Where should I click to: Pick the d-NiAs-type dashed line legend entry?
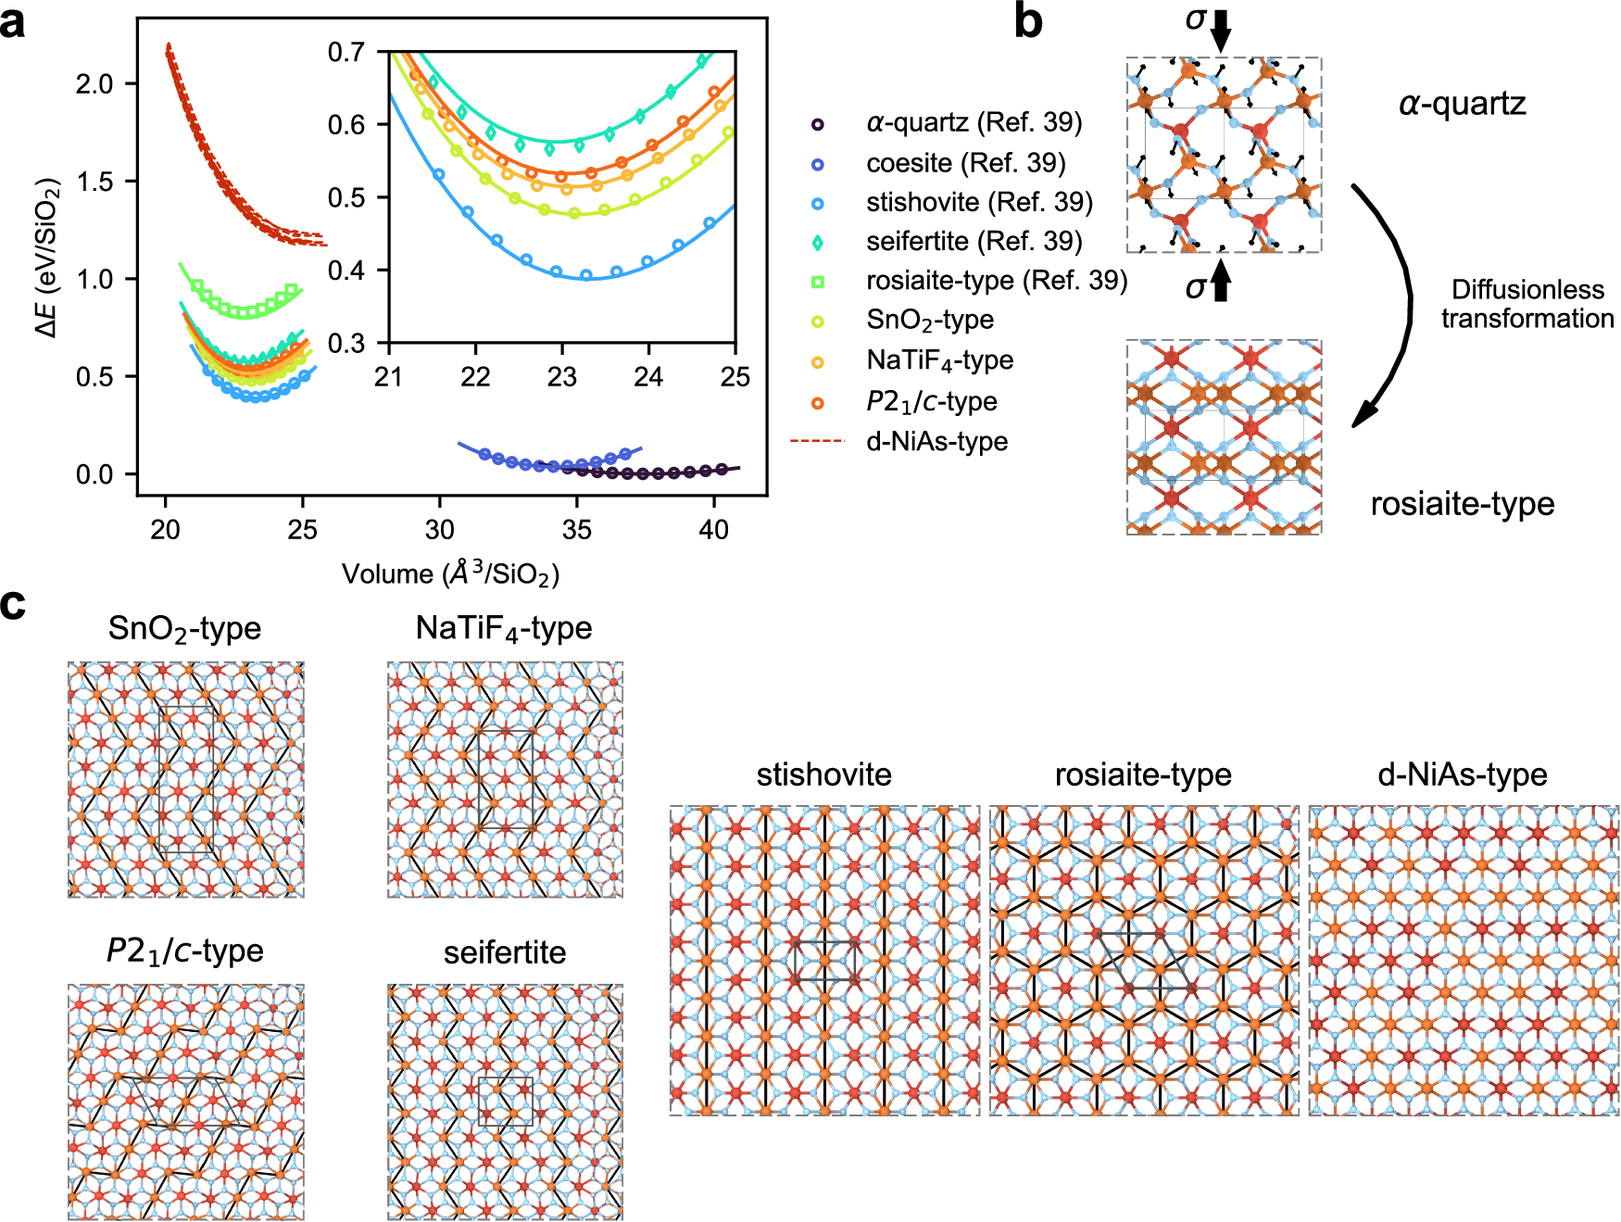coord(817,441)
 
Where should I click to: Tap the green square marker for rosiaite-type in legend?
coord(817,282)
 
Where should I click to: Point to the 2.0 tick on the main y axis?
coord(94,84)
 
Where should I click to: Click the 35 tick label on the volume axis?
coord(576,530)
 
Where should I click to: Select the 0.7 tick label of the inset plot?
coord(346,52)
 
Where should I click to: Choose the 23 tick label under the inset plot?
coord(561,377)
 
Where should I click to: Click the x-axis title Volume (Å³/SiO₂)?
coord(450,573)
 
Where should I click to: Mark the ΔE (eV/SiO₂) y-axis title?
coord(47,257)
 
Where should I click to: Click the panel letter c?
coord(13,604)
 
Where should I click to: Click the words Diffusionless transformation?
coord(1527,304)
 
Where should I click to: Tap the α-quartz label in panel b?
coord(1462,104)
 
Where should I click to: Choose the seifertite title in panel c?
coord(505,952)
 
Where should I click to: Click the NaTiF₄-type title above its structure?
coord(504,629)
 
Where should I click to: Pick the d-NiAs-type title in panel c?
coord(1463,775)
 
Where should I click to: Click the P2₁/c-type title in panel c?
coord(185,951)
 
